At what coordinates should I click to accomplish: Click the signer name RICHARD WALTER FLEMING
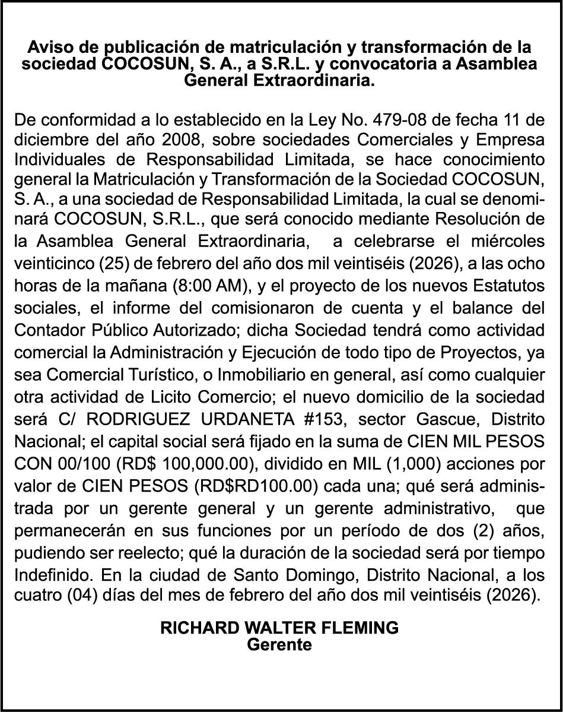(x=279, y=628)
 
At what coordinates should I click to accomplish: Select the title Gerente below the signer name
(x=279, y=645)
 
